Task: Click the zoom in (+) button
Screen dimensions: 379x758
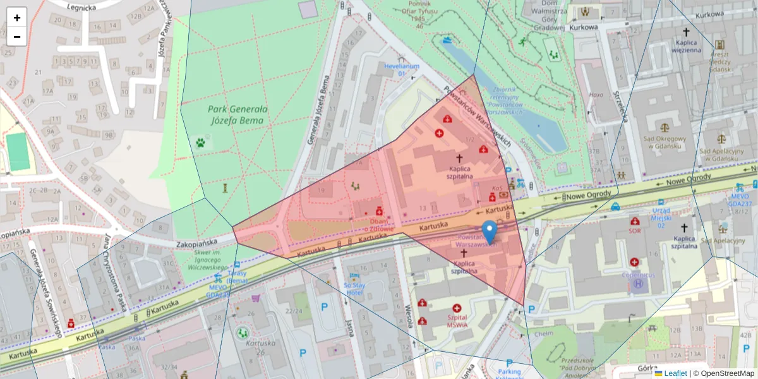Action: pyautogui.click(x=17, y=18)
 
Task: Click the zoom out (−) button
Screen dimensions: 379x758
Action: pyautogui.click(x=17, y=37)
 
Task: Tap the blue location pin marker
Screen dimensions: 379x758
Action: pyautogui.click(x=489, y=232)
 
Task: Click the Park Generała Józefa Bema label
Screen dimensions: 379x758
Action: pyautogui.click(x=238, y=114)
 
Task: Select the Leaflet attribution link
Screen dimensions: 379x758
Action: pyautogui.click(x=675, y=373)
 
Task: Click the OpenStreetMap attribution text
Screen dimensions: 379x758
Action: pyautogui.click(x=723, y=373)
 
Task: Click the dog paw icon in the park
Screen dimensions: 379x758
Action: pyautogui.click(x=201, y=143)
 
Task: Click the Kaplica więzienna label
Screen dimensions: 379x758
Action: pyautogui.click(x=688, y=46)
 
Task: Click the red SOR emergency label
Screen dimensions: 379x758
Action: pyautogui.click(x=634, y=231)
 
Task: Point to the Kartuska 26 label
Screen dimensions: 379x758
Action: pyautogui.click(x=261, y=347)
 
